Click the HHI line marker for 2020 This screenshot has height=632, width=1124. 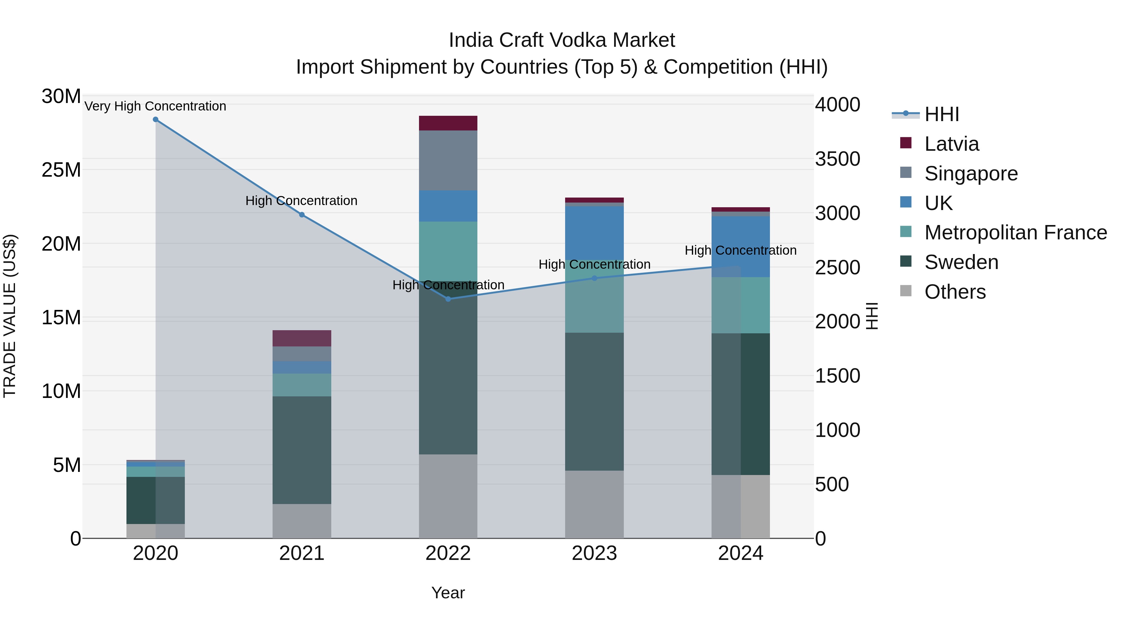[x=155, y=120]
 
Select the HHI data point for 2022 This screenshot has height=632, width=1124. [x=448, y=299]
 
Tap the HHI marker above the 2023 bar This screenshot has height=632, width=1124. [x=594, y=278]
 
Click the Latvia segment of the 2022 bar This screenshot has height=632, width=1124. [x=448, y=123]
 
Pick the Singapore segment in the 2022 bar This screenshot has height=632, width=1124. [x=448, y=160]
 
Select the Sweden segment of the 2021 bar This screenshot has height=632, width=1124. [x=302, y=450]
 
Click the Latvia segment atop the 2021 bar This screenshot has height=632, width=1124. [x=302, y=338]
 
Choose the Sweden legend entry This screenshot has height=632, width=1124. [x=961, y=262]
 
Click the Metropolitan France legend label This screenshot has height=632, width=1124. [x=1015, y=233]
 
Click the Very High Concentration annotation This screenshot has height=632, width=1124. [x=155, y=106]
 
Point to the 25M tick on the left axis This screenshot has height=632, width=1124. [x=61, y=170]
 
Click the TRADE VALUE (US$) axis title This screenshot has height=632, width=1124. [x=10, y=316]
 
